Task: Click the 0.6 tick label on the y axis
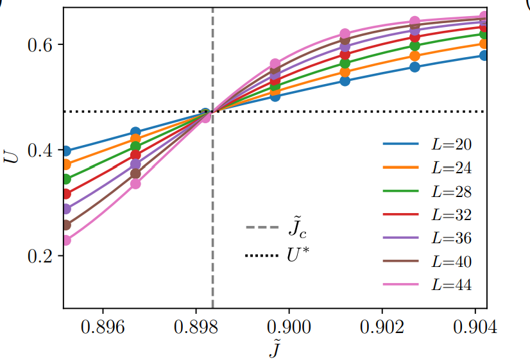click(x=40, y=45)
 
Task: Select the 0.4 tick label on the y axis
click(x=40, y=150)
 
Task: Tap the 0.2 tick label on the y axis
click(x=40, y=256)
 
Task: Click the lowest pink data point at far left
click(x=65, y=240)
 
